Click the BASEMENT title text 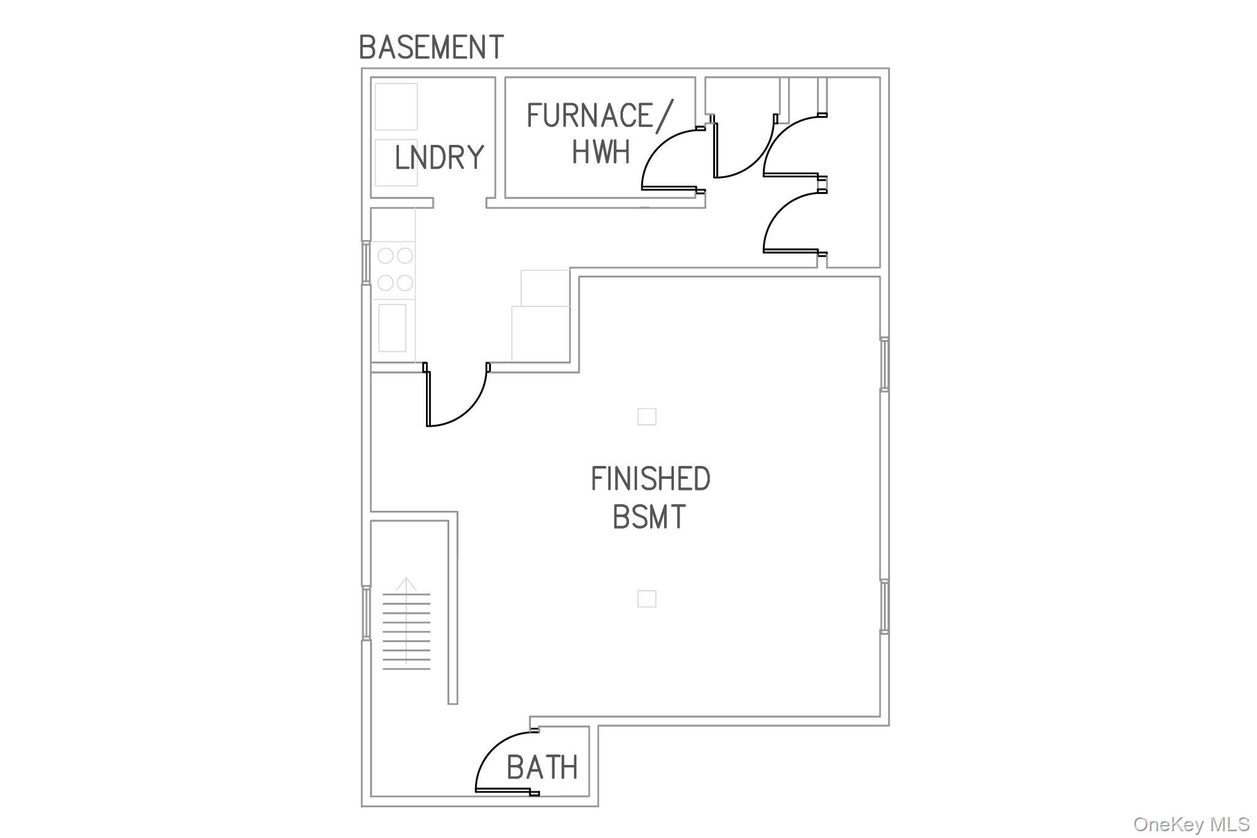431,47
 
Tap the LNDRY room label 439,158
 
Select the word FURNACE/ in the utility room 600,116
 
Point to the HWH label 601,152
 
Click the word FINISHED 651,479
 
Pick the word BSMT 649,517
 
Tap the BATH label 542,767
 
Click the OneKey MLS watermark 1191,824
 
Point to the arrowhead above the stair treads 406,584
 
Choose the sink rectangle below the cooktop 392,328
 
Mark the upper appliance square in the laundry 396,107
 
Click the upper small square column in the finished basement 647,417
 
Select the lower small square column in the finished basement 647,599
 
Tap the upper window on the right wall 884,363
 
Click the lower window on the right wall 884,607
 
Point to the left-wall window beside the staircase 366,613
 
